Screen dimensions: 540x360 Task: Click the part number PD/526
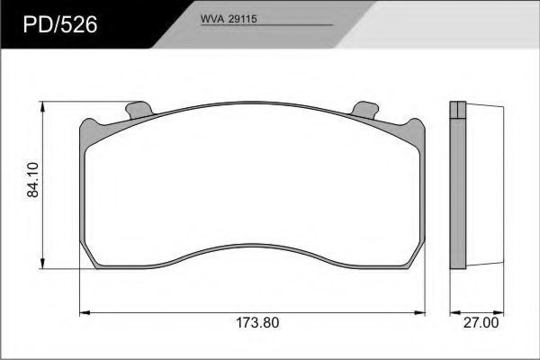[60, 25]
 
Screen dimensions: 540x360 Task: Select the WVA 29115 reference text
[229, 19]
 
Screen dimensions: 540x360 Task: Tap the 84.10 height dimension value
[33, 180]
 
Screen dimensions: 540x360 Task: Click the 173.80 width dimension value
[257, 323]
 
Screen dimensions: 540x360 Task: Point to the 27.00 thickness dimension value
[481, 323]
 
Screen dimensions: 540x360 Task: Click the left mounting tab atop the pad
[139, 110]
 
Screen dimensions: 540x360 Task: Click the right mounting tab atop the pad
[365, 110]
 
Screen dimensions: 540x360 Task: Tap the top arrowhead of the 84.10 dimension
[42, 106]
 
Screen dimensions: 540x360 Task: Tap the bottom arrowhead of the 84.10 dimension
[42, 264]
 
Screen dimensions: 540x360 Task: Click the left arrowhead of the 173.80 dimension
[85, 313]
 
